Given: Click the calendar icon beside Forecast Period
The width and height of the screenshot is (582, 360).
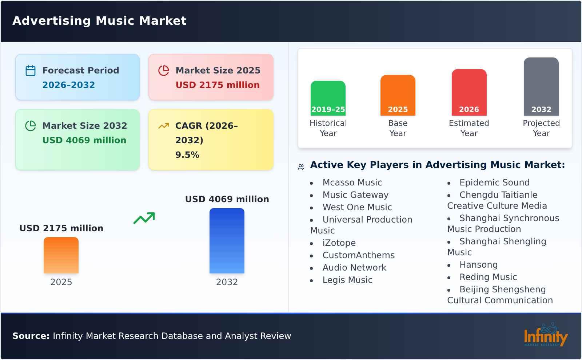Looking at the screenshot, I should click(x=31, y=71).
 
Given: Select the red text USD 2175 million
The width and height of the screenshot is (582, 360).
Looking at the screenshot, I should click(x=218, y=85).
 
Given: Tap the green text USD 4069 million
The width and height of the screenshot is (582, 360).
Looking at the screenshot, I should click(x=84, y=140).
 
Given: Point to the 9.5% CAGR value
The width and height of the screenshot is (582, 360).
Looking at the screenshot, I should click(x=187, y=155).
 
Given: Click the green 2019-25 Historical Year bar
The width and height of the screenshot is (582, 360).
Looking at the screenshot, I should click(x=328, y=98).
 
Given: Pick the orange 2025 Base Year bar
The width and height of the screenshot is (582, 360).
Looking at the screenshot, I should click(x=398, y=95).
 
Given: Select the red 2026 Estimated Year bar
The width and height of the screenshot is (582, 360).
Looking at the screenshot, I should click(x=469, y=92).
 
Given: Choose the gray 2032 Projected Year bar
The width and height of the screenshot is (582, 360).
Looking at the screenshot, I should click(x=541, y=86).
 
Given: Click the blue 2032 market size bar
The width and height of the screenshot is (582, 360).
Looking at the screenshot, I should click(x=227, y=241).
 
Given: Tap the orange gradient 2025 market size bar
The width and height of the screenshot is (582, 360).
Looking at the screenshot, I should click(x=61, y=255).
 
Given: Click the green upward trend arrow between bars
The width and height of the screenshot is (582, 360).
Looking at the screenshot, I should click(x=144, y=218).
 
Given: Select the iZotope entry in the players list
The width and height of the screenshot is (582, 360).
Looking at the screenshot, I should click(x=339, y=243).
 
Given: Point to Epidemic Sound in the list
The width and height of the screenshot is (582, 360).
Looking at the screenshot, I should click(x=494, y=183).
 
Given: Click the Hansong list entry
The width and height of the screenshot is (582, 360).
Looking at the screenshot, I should click(x=478, y=265).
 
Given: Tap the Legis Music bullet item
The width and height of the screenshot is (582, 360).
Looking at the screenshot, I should click(x=347, y=280).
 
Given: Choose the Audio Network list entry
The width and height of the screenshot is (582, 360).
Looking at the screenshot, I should click(x=354, y=268).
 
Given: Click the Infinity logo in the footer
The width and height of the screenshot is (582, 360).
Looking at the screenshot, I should click(x=545, y=335).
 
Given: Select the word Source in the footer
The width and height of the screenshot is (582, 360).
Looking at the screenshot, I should click(x=31, y=336).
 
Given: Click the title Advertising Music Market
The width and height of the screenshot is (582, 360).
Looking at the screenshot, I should click(x=99, y=21).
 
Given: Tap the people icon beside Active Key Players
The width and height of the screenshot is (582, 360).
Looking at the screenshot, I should click(x=301, y=167).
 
